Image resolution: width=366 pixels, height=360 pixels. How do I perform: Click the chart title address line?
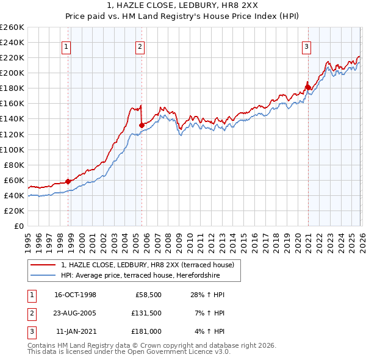coord(182,5)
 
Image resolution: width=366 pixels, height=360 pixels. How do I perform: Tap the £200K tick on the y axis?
coord(12,73)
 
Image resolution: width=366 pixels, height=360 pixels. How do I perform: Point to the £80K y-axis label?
coord(14,165)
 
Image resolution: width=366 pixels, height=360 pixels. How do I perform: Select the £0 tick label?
coord(18,226)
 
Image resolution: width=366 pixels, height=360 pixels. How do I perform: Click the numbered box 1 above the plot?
coord(65,46)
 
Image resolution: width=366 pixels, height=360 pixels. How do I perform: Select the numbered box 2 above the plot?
coord(140,46)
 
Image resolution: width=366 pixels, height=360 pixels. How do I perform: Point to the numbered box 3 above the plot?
coord(306,46)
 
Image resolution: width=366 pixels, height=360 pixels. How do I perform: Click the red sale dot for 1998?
coord(68,181)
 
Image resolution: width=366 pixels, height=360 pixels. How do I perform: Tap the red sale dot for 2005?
coord(142,125)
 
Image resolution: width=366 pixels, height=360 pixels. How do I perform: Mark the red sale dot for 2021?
coord(308,87)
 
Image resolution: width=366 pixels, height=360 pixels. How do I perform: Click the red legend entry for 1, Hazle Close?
coord(151,264)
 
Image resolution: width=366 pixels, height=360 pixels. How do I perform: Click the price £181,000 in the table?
coord(147,331)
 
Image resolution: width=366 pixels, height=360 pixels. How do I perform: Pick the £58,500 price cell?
coord(147,295)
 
